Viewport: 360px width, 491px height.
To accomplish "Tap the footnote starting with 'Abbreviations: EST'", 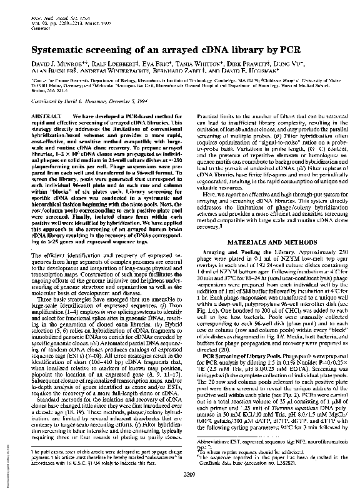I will coord(262,445).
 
